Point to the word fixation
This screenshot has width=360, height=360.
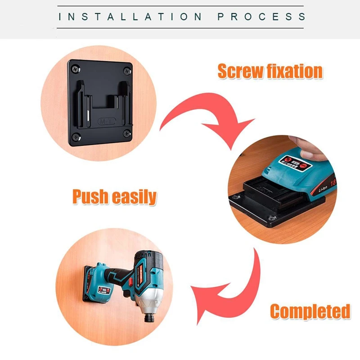(295, 71)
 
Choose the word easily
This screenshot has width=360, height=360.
(135, 197)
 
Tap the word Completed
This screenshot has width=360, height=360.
(310, 311)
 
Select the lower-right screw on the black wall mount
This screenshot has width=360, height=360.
(127, 133)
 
